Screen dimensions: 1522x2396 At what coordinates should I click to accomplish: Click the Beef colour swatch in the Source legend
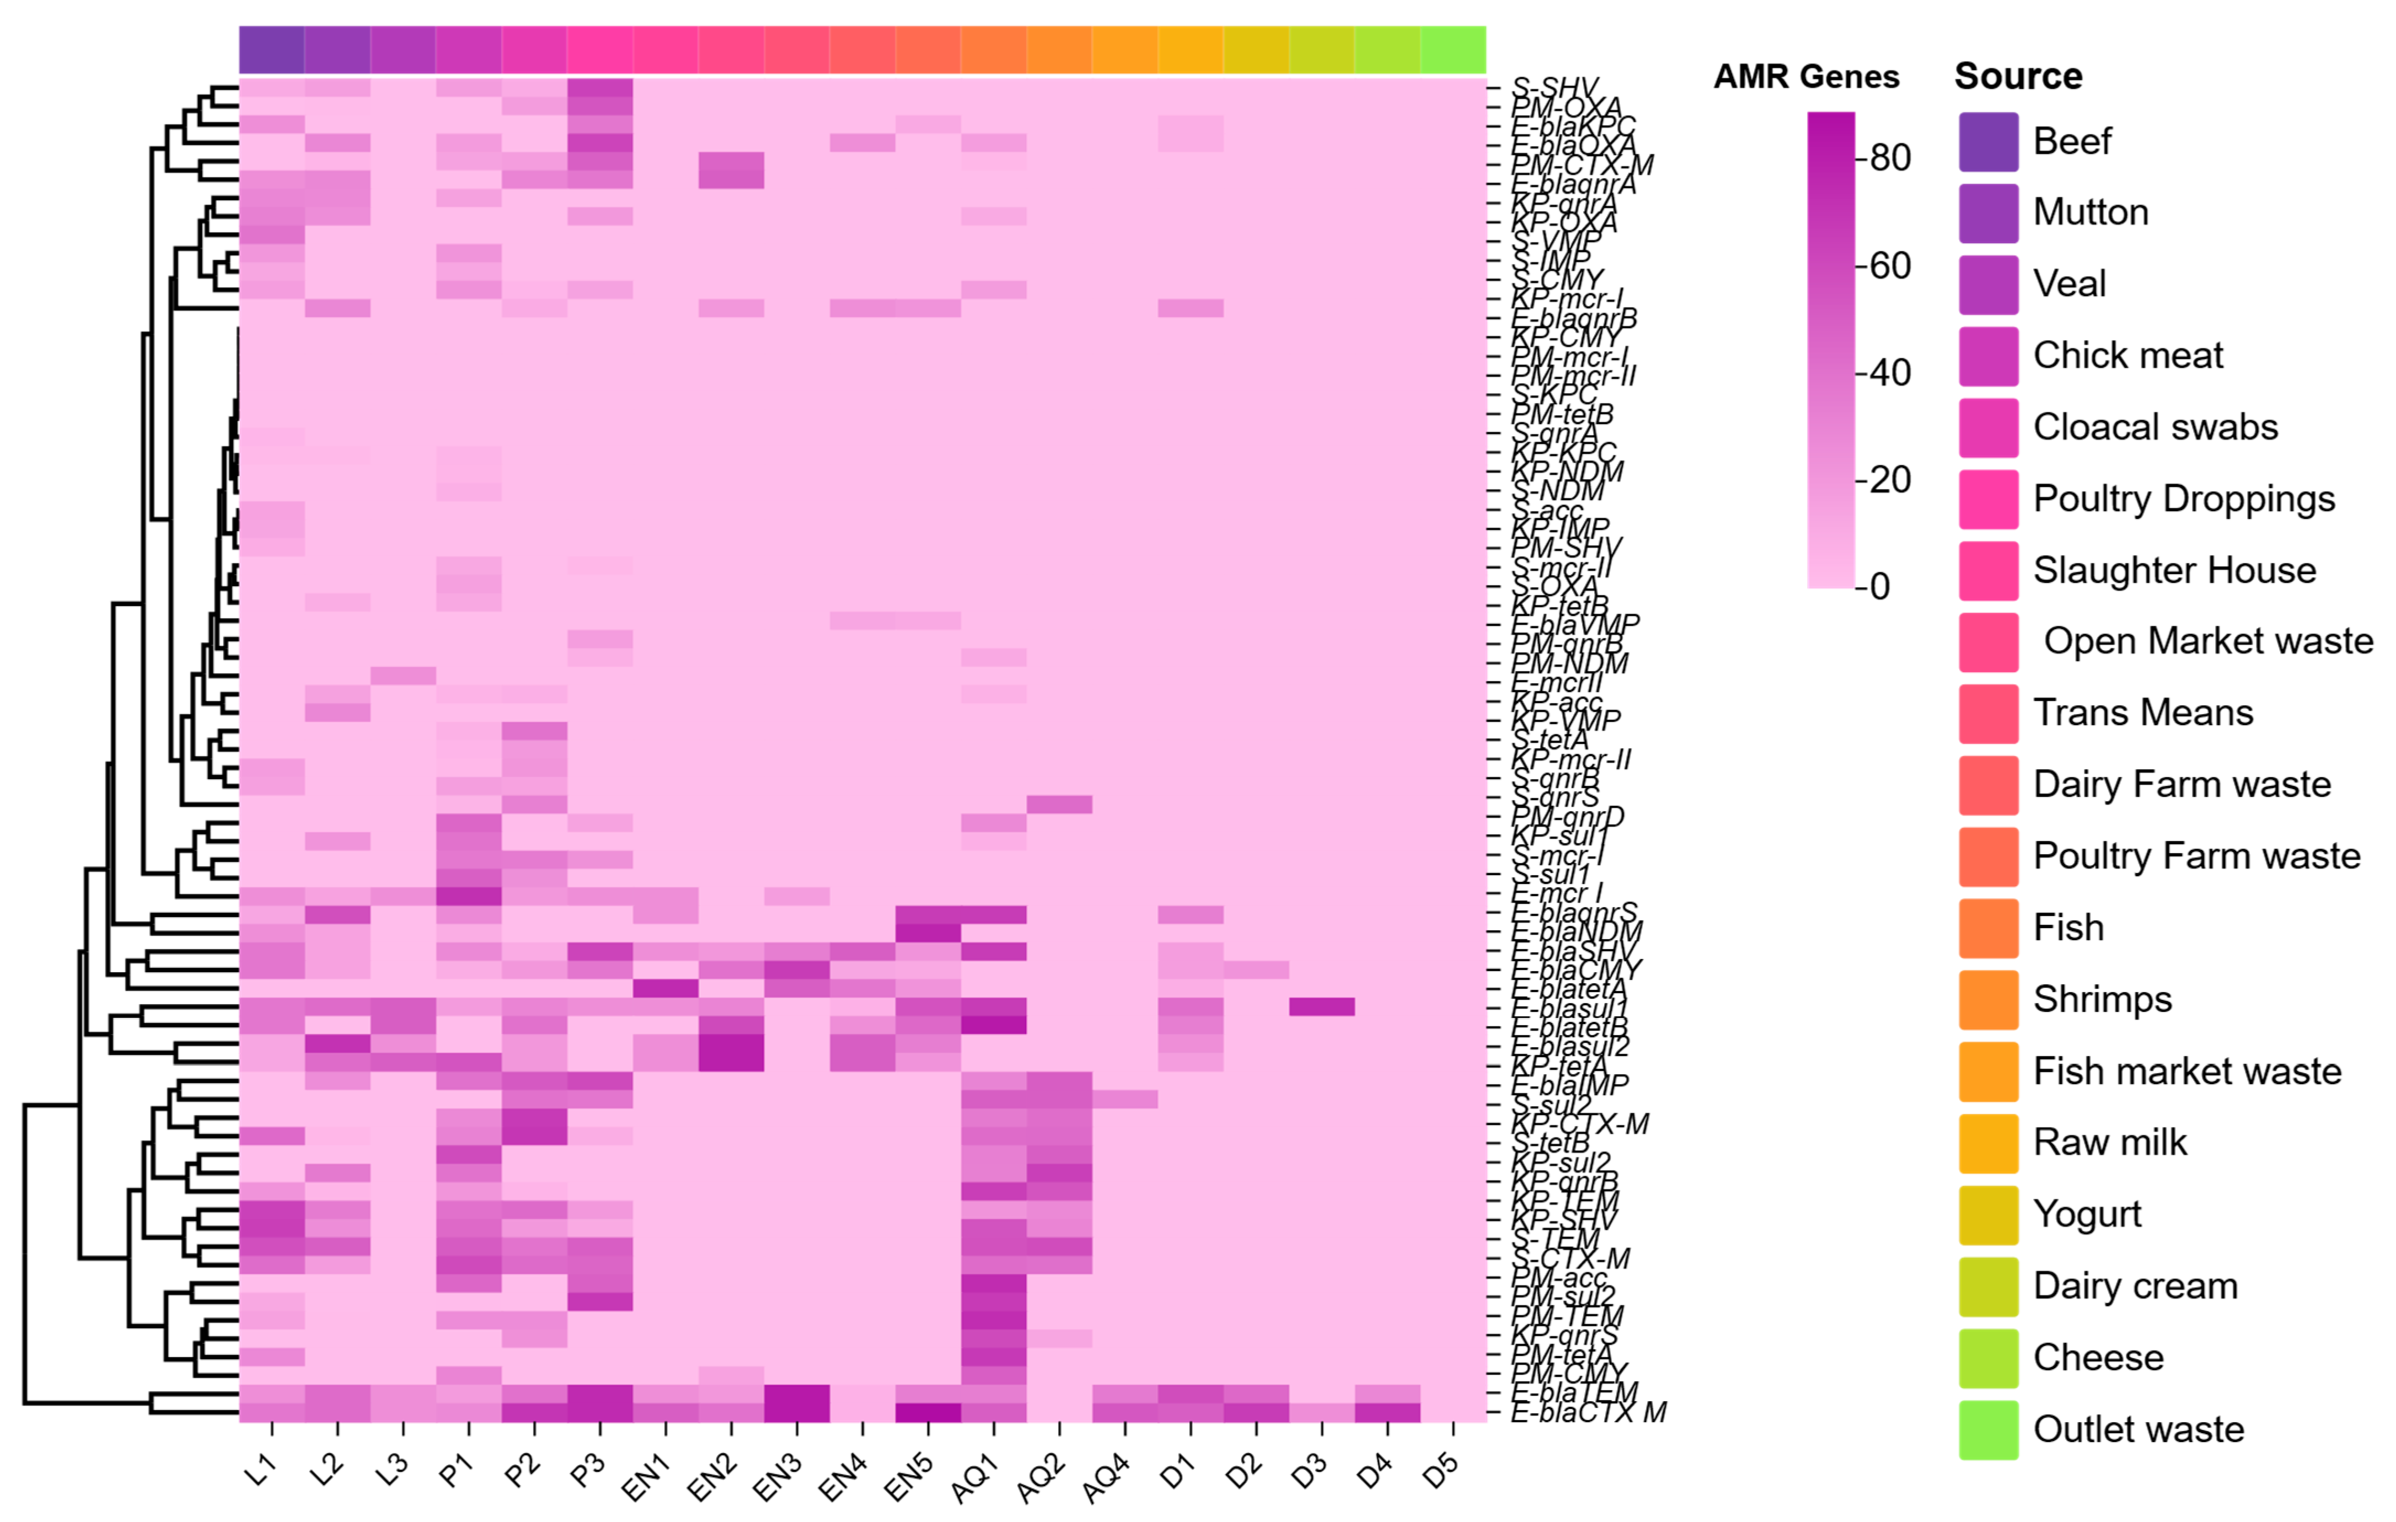[1988, 142]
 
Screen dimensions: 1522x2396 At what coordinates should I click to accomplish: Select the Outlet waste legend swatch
[1988, 1429]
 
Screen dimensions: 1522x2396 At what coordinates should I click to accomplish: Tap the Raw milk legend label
[2109, 1142]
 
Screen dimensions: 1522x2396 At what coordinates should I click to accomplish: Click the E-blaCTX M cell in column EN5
[928, 1413]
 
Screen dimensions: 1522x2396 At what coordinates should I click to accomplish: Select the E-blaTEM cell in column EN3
[796, 1394]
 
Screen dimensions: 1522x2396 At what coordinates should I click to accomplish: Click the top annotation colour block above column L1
[272, 50]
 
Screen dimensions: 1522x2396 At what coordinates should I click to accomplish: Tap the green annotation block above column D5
[1452, 50]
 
